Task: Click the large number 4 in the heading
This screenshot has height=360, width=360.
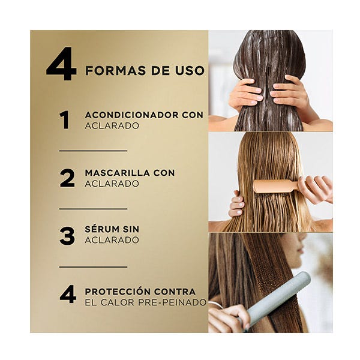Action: coord(61,64)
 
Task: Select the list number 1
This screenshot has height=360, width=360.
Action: coord(64,120)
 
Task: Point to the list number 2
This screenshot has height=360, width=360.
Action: coord(67,178)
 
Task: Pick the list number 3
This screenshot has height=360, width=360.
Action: coord(67,236)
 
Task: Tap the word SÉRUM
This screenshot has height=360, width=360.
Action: coord(101,229)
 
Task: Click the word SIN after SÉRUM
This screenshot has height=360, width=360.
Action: coord(131,229)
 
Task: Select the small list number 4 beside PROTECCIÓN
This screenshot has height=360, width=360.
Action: coord(68,294)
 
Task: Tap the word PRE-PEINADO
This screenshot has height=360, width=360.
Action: coord(172,302)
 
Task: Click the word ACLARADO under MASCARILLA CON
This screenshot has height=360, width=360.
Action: coord(112,184)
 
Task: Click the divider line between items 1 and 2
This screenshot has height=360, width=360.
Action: coord(93,151)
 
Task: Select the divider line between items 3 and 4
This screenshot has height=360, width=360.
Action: coord(93,267)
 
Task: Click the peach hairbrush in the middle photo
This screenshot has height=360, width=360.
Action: coord(275,186)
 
